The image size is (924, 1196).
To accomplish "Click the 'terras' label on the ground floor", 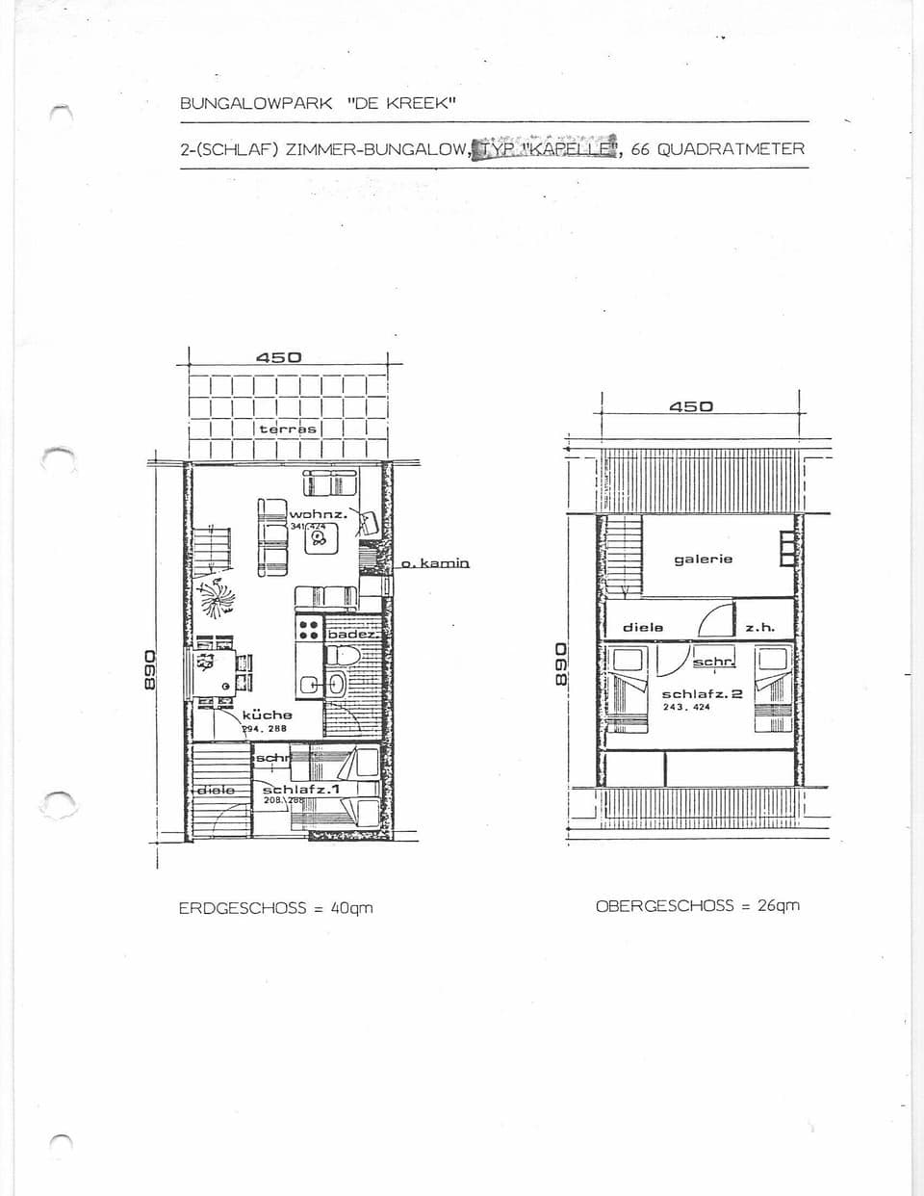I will click(288, 429).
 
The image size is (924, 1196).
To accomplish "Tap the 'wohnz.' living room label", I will click(318, 514).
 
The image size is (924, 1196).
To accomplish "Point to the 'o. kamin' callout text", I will click(435, 562).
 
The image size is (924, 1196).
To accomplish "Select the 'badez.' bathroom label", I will click(354, 634).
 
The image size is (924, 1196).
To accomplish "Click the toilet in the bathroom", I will click(343, 656).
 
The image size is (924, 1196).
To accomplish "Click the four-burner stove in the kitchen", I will click(308, 630).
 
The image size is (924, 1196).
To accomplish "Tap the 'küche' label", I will click(267, 715).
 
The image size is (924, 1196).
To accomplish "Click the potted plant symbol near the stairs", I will click(216, 596).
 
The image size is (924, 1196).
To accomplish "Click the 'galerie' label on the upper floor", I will click(703, 559).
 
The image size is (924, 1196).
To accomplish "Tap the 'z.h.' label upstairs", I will click(759, 627).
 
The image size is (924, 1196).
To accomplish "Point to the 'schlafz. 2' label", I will click(702, 693).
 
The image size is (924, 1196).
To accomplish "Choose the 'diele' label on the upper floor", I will click(643, 627).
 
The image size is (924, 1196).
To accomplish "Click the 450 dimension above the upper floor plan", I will click(691, 406).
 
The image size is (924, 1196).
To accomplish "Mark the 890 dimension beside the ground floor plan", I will click(149, 668).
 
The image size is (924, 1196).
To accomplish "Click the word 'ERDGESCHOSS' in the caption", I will click(242, 908).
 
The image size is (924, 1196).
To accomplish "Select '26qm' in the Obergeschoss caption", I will click(778, 905).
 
